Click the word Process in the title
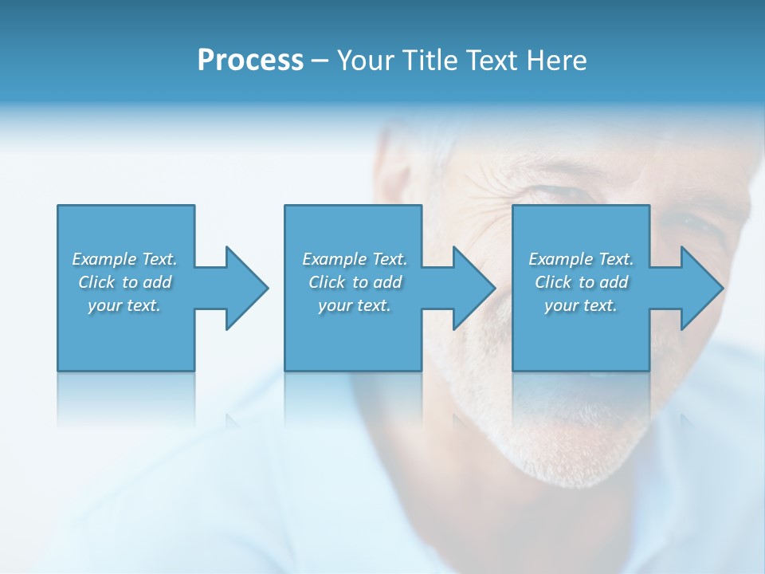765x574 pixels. click(250, 61)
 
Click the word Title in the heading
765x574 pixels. click(427, 61)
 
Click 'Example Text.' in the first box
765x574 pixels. click(124, 259)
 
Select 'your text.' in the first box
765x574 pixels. click(124, 305)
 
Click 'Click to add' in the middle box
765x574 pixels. click(355, 282)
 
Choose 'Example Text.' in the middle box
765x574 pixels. click(355, 259)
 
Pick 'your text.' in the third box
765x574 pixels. click(581, 305)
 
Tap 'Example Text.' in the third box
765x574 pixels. click(581, 259)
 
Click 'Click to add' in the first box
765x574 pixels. click(124, 282)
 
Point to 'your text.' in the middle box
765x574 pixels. click(355, 305)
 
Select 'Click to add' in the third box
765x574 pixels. click(581, 282)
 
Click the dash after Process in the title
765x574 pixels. click(320, 61)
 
